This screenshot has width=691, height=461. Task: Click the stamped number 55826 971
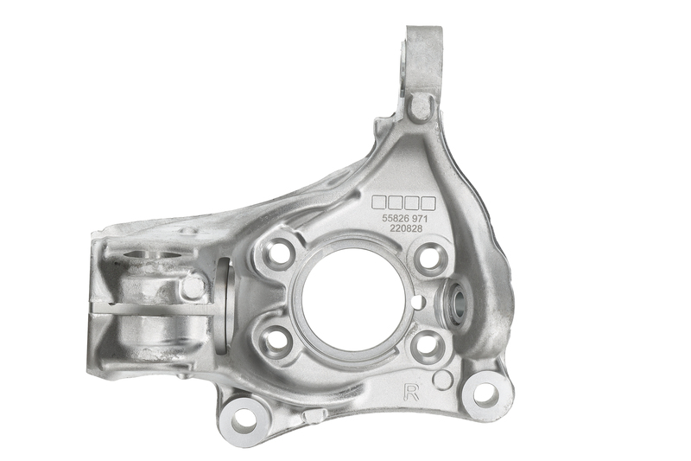pos(405,218)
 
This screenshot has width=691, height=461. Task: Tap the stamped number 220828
pos(406,228)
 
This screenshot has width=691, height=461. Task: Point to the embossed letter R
pos(413,392)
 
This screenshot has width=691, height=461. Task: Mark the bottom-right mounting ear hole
pos(485,394)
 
